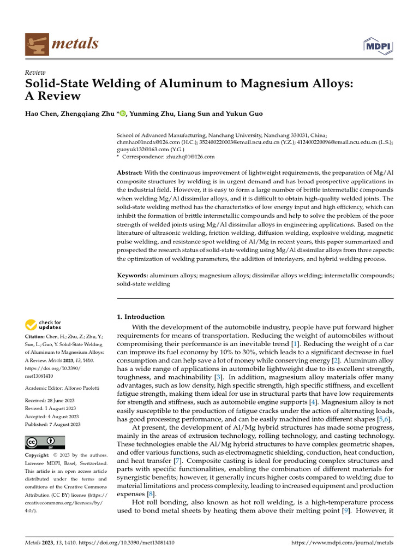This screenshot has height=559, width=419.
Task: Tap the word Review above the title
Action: coord(35,73)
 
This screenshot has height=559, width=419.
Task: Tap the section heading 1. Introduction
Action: coord(141,317)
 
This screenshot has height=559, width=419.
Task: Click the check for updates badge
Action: coord(44,325)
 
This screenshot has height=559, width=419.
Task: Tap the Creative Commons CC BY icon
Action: coord(45,442)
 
